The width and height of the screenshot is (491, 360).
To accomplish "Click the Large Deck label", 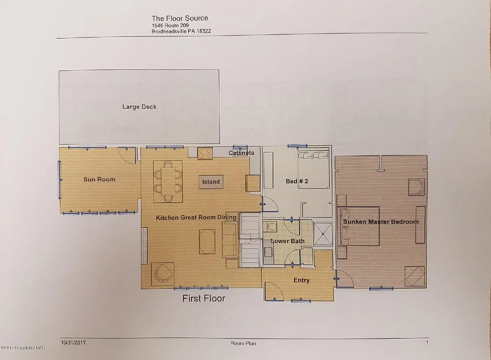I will (x=139, y=107).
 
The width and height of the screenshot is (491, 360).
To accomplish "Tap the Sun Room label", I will (x=99, y=179).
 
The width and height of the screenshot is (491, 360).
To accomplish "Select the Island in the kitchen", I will (x=210, y=182).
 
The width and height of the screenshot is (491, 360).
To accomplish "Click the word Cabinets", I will (x=241, y=153).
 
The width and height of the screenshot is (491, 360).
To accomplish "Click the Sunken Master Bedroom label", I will (x=380, y=221).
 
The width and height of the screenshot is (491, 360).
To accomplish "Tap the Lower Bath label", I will (x=288, y=241).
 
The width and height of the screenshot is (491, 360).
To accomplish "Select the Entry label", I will (x=301, y=280).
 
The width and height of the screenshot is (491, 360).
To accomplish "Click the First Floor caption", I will (x=203, y=299).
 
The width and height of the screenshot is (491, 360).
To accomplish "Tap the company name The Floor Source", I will (x=180, y=18).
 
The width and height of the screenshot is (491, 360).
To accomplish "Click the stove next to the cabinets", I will (x=205, y=153).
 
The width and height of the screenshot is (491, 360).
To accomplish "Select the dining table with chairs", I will (x=168, y=181).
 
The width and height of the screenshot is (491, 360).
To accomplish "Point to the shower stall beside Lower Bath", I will (x=322, y=233).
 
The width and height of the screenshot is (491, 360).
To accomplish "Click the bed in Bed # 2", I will (x=314, y=170).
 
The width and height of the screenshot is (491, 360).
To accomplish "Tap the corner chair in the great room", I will (x=163, y=274).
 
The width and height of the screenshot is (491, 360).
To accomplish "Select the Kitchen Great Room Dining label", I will (x=196, y=218).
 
